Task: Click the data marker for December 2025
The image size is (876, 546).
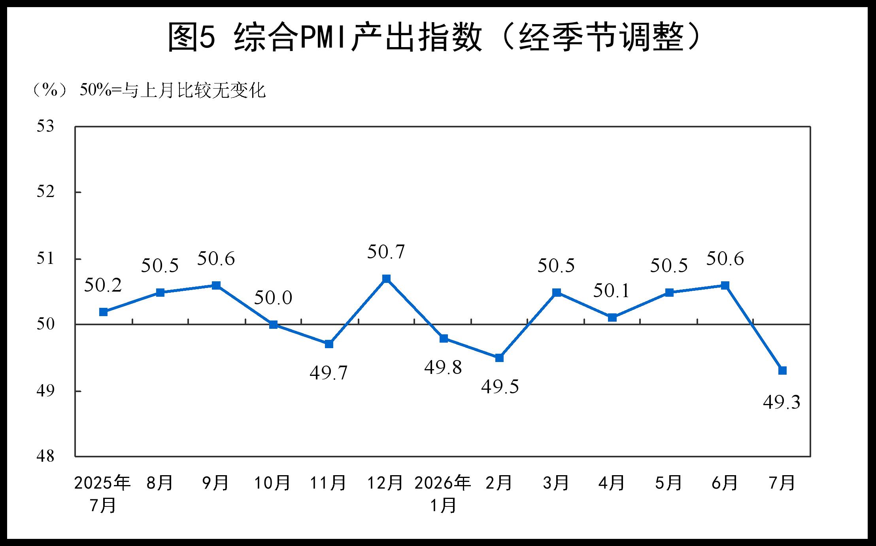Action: pyautogui.click(x=386, y=279)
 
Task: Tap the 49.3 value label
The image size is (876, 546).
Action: pyautogui.click(x=782, y=402)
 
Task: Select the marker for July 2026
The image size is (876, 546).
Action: pyautogui.click(x=782, y=370)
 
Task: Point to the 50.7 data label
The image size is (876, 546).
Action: pyautogui.click(x=386, y=252)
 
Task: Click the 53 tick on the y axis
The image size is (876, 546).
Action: pyautogui.click(x=45, y=126)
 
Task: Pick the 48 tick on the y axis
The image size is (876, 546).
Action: pyautogui.click(x=45, y=456)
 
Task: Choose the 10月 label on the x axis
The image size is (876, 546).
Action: pyautogui.click(x=272, y=483)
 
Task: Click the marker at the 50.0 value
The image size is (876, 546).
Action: pyautogui.click(x=273, y=324)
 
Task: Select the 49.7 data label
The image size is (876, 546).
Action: pyautogui.click(x=328, y=373)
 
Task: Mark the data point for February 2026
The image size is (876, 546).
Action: pyautogui.click(x=499, y=358)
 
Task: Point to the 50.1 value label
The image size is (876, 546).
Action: pyautogui.click(x=612, y=291)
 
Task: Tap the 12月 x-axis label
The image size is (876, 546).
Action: pyautogui.click(x=385, y=483)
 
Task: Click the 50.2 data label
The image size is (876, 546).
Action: pyautogui.click(x=103, y=285)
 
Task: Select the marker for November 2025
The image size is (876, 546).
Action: pyautogui.click(x=329, y=344)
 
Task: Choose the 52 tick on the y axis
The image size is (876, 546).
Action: pyautogui.click(x=45, y=192)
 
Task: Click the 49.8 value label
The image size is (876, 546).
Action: pyautogui.click(x=443, y=367)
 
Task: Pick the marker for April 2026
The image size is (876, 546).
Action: pyautogui.click(x=612, y=317)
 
